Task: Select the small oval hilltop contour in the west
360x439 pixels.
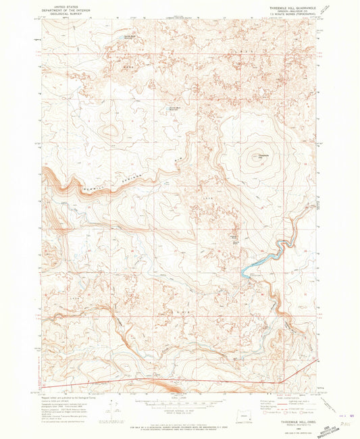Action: pos(108,130)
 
